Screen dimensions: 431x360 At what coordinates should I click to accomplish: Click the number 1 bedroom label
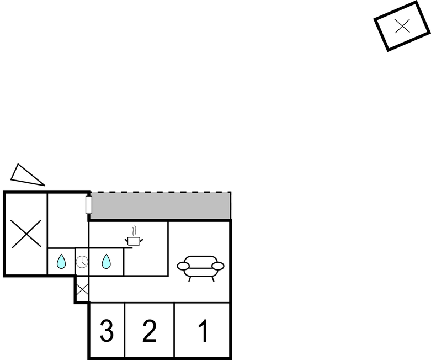click(203, 331)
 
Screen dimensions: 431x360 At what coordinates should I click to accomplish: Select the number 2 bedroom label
click(150, 331)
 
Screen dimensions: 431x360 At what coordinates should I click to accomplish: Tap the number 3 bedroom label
click(107, 331)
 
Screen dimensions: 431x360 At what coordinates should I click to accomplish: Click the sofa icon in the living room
click(200, 268)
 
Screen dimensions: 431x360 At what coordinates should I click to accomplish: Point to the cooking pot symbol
click(134, 241)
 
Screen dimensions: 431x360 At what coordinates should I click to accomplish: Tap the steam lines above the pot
click(134, 231)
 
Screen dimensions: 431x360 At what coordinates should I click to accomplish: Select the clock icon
click(82, 262)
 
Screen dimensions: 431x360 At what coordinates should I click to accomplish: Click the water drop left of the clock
click(61, 261)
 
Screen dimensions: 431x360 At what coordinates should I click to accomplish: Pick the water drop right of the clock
click(106, 261)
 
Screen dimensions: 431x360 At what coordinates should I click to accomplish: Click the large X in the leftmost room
click(26, 234)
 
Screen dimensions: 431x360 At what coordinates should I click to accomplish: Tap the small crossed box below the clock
click(82, 289)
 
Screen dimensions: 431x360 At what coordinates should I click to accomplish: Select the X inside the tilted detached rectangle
click(402, 26)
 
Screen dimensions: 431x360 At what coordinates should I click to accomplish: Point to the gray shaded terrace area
click(161, 206)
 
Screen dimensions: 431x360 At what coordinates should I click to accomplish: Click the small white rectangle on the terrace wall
click(88, 205)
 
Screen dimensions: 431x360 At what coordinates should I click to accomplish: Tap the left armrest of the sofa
click(183, 266)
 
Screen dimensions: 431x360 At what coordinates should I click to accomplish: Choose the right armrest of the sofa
click(218, 266)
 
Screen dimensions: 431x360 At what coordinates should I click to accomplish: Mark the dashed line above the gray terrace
click(161, 192)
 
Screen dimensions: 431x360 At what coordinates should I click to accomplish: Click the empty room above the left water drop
click(68, 220)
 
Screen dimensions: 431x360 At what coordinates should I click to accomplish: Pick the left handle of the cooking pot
click(126, 241)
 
